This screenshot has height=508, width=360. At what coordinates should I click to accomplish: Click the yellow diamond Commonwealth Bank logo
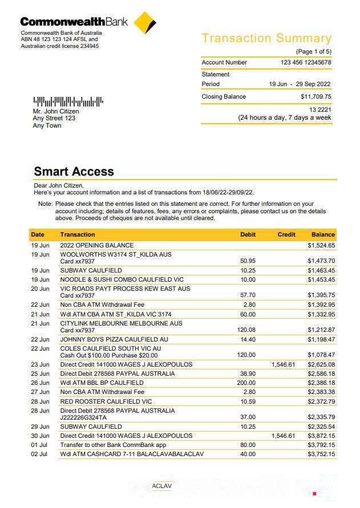pyautogui.click(x=145, y=23)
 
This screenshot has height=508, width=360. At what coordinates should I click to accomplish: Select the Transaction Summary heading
pyautogui.click(x=266, y=39)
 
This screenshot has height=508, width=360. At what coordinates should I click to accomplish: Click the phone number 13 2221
pyautogui.click(x=320, y=109)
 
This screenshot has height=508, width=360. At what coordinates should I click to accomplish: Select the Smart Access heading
pyautogui.click(x=74, y=172)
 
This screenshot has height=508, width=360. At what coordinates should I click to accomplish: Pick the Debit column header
pyautogui.click(x=248, y=234)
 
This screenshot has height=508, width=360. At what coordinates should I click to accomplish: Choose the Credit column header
pyautogui.click(x=286, y=234)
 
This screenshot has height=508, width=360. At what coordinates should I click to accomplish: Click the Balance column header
pyautogui.click(x=323, y=234)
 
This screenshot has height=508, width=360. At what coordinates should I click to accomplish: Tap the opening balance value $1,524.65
pyautogui.click(x=321, y=246)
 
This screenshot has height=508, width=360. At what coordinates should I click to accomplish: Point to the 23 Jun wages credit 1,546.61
pyautogui.click(x=283, y=364)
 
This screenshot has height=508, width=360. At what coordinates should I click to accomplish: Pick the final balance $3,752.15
pyautogui.click(x=321, y=454)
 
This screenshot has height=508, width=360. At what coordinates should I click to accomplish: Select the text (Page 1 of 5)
pyautogui.click(x=313, y=51)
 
